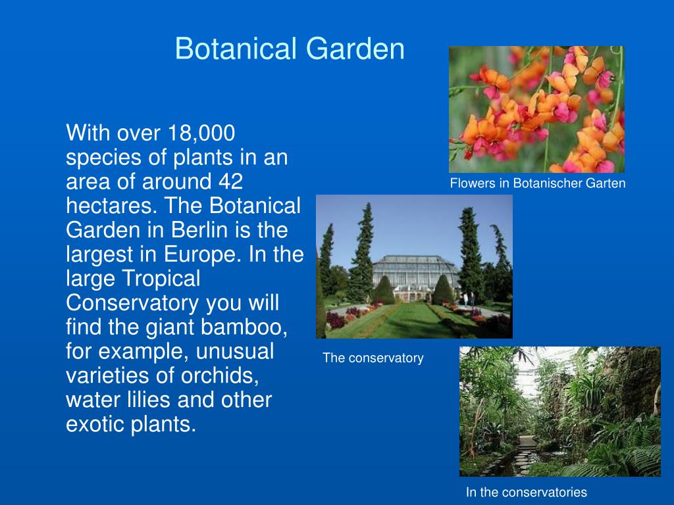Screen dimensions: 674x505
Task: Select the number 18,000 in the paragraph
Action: [x=201, y=133]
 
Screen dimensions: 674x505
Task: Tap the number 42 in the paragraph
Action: [x=230, y=181]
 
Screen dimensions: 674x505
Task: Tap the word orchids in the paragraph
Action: [x=220, y=375]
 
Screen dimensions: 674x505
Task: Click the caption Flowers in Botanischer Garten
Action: [x=537, y=184]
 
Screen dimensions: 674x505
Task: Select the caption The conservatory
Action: [x=373, y=358]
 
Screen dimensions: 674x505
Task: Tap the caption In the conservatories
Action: [x=526, y=492]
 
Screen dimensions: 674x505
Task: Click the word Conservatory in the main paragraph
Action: [x=132, y=303]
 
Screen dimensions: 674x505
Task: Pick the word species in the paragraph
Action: [x=104, y=158]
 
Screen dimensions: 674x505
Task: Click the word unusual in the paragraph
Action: [x=235, y=352]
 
